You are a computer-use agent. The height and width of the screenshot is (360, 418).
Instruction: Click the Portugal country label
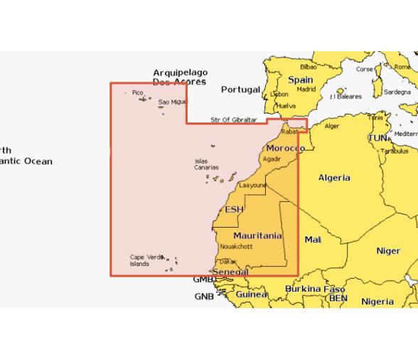pyautogui.click(x=240, y=90)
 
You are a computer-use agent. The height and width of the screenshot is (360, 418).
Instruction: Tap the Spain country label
pyautogui.click(x=300, y=80)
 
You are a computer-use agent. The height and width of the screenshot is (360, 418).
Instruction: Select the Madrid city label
pyautogui.click(x=306, y=90)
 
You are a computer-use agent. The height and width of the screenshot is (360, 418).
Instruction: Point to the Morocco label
pyautogui.click(x=285, y=148)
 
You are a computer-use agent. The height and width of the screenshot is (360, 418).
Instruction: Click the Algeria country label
pyautogui.click(x=334, y=178)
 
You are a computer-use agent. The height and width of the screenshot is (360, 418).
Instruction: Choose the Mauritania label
pyautogui.click(x=257, y=235)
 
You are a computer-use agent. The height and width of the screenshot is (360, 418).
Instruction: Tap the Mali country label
pyautogui.click(x=313, y=240)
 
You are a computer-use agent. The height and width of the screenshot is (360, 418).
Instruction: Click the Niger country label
pyautogui.click(x=388, y=251)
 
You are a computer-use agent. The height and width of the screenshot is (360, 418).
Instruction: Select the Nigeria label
pyautogui.click(x=377, y=302)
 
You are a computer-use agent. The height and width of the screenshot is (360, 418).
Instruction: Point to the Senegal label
pyautogui.click(x=231, y=272)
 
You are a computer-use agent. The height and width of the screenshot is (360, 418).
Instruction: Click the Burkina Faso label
pyautogui.click(x=315, y=290)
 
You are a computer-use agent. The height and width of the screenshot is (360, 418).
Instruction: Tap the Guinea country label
pyautogui.click(x=252, y=295)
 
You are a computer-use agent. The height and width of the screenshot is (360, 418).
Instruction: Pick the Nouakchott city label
pyautogui.click(x=237, y=246)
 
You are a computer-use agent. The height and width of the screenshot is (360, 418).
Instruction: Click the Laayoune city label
pyautogui.click(x=252, y=185)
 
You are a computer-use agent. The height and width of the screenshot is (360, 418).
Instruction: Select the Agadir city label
pyautogui.click(x=272, y=159)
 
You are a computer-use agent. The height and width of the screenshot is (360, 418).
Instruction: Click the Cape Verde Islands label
pyautogui.click(x=144, y=260)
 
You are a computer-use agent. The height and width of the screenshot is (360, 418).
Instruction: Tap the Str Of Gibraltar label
pyautogui.click(x=233, y=120)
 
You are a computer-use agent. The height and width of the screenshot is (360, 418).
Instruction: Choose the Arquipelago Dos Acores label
pyautogui.click(x=180, y=77)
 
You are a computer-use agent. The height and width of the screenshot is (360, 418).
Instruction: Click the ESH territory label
pyautogui.click(x=234, y=209)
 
